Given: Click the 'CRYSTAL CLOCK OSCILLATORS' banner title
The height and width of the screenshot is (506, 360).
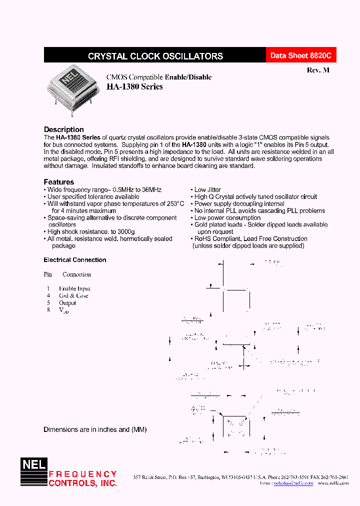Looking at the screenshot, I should coord(155,56).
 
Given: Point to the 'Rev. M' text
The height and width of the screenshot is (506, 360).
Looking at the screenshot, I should coord(318,70).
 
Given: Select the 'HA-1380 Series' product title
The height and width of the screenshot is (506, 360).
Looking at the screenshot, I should coord(134,86).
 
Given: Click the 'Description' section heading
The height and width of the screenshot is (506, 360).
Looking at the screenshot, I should coord(63,129).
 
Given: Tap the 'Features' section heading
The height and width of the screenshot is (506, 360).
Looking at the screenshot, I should coord(58,182).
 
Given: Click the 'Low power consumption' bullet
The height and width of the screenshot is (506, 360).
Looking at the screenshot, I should coord(227,218).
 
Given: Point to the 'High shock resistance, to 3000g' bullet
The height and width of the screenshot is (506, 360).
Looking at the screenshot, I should coord(90,232).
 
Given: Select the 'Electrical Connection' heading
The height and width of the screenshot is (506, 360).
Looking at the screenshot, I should coord(75,260).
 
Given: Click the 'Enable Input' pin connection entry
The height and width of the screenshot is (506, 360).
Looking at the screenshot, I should coord(74,288).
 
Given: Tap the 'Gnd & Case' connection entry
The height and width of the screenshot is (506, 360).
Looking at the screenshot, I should coord(73,295).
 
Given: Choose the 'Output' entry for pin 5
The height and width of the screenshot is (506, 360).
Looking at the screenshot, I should coord(67,303).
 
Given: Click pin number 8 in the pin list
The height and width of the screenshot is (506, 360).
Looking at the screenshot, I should coord(48,310).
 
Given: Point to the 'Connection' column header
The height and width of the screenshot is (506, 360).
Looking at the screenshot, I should coord(76,274).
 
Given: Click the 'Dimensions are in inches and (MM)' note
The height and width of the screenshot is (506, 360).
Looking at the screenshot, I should coord(95,429).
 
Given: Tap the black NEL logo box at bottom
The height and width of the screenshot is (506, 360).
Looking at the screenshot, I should coord(33,464).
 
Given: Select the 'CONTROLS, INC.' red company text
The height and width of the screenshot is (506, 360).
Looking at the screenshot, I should coord(82,483).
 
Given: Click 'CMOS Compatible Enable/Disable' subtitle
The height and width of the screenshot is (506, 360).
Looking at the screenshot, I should coord(159,77).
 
